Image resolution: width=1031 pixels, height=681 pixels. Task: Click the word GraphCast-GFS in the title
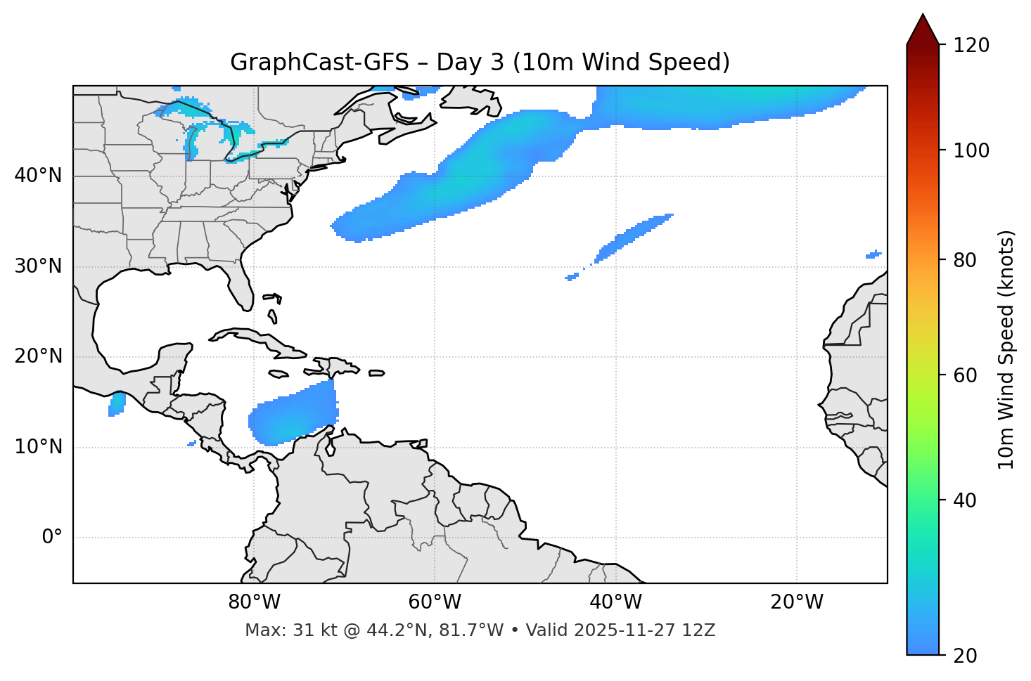pyautogui.click(x=319, y=63)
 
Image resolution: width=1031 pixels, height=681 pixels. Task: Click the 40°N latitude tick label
pyautogui.click(x=38, y=176)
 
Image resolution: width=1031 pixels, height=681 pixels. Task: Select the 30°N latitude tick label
pyautogui.click(x=38, y=266)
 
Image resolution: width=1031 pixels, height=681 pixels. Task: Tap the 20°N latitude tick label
pyautogui.click(x=38, y=356)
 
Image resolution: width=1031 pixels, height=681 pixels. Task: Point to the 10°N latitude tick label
pyautogui.click(x=38, y=447)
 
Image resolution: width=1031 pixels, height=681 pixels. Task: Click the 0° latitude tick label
pyautogui.click(x=52, y=538)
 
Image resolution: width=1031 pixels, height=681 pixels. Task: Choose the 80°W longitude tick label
pyautogui.click(x=254, y=602)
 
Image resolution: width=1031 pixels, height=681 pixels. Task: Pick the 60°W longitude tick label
pyautogui.click(x=435, y=602)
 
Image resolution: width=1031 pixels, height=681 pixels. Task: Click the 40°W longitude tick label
pyautogui.click(x=615, y=602)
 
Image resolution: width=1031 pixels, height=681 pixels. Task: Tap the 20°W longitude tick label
pyautogui.click(x=796, y=602)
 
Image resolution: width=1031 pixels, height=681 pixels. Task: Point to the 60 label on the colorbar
pyautogui.click(x=964, y=375)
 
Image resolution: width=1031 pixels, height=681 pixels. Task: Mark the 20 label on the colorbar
pyautogui.click(x=964, y=656)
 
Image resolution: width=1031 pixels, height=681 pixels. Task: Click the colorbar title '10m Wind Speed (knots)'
pyautogui.click(x=1006, y=349)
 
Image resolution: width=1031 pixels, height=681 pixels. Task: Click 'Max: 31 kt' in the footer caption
pyautogui.click(x=274, y=630)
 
